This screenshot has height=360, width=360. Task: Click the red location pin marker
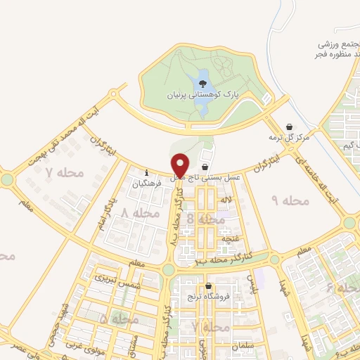pyautogui.click(x=181, y=165)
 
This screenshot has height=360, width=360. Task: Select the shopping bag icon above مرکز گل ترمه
pyautogui.click(x=290, y=127)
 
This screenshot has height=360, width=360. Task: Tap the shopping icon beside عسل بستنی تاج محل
pyautogui.click(x=205, y=167)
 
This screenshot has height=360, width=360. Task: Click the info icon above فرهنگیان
pyautogui.click(x=146, y=173)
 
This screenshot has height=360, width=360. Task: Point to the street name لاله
pyautogui.click(x=226, y=201)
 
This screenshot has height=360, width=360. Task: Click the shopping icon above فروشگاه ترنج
pyautogui.click(x=209, y=286)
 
